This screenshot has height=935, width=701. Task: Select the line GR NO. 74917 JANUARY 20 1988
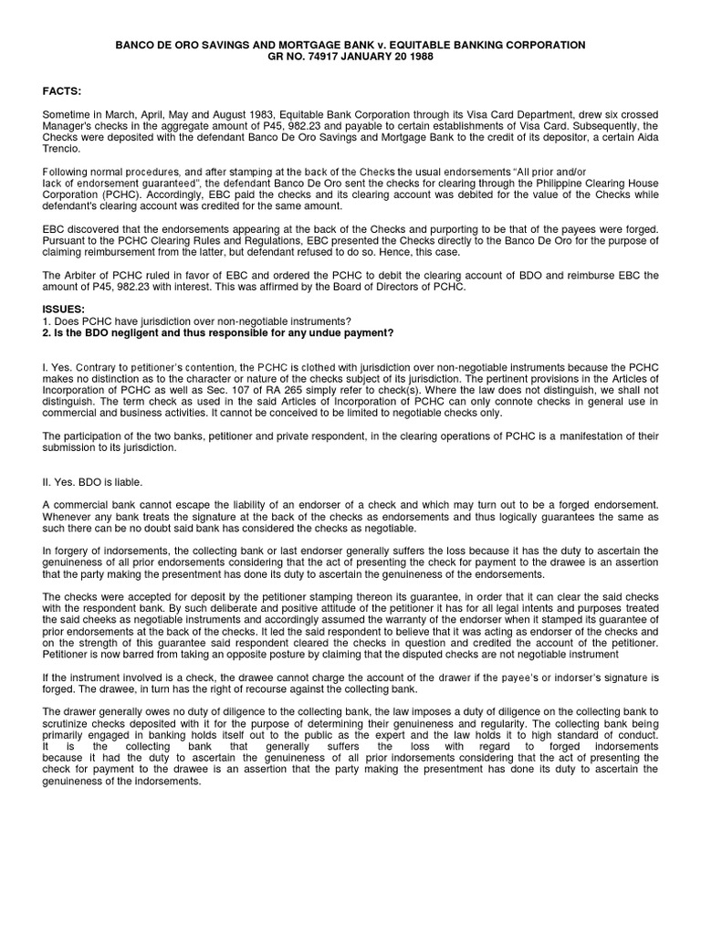tap(350, 57)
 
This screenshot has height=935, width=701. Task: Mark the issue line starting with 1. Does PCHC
tap(195, 321)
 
